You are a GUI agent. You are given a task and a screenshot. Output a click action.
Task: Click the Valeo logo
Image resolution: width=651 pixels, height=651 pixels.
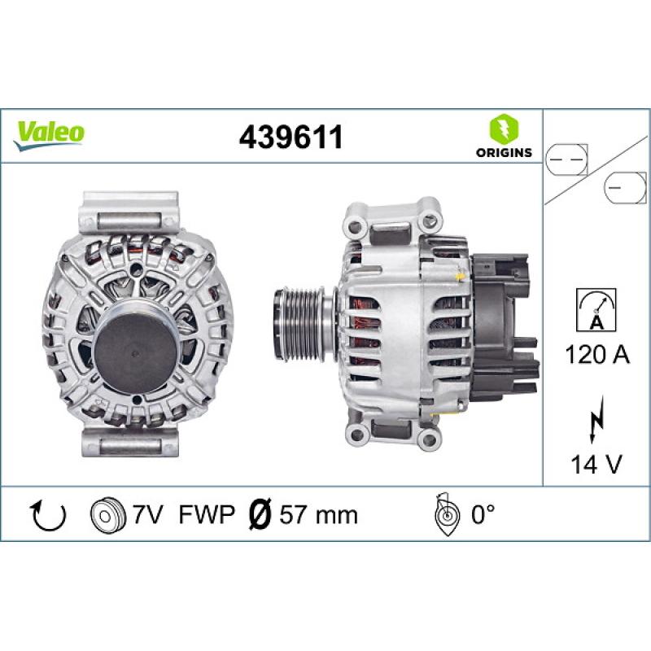50,133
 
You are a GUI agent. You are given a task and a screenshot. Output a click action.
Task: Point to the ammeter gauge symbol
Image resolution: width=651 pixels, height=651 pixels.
596,310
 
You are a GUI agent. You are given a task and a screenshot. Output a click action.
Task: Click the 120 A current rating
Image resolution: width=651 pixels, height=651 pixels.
596,355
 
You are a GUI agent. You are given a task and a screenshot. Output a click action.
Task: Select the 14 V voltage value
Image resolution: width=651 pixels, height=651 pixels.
596,465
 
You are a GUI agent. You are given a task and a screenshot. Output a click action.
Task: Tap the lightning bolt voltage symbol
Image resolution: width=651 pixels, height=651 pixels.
596,422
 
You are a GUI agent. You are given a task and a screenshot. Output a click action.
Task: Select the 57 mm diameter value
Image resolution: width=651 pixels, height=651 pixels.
317,514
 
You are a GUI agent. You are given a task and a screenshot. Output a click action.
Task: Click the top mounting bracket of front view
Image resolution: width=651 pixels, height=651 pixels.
131,211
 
